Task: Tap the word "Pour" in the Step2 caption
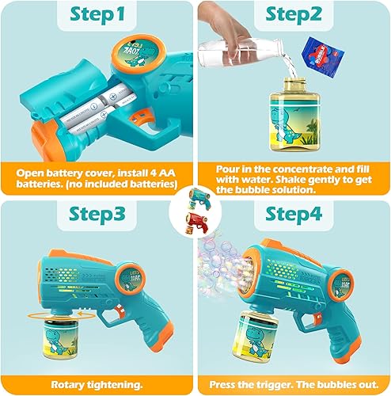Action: coord(230,169)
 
